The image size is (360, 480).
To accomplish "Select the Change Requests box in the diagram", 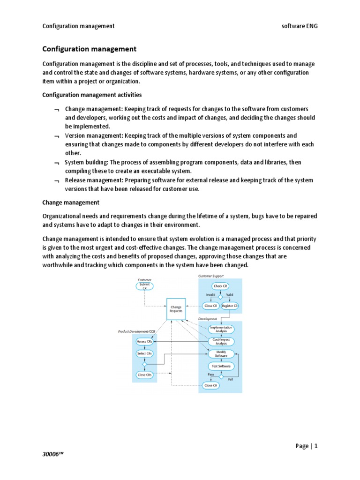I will click(x=176, y=309).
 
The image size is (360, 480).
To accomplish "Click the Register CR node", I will click(x=230, y=306).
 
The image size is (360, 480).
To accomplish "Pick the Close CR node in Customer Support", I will click(x=211, y=306).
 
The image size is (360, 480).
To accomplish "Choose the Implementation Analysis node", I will click(x=221, y=329).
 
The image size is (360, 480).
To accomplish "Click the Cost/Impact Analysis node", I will click(x=221, y=341).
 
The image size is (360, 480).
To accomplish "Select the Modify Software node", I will click(x=221, y=353).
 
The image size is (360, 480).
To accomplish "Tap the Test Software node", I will click(x=221, y=366).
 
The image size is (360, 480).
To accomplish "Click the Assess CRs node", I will click(x=144, y=341).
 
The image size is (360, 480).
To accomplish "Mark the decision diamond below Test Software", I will click(x=220, y=375).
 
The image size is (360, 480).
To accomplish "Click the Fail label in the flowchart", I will click(x=230, y=379).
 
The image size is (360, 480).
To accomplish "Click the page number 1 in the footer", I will click(x=316, y=446).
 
